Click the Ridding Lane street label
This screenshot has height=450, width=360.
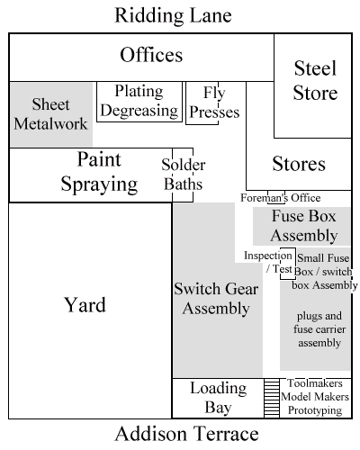(173, 15)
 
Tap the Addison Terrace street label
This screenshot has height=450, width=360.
(186, 434)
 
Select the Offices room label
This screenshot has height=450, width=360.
(151, 55)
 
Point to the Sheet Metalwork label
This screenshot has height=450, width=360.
(50, 114)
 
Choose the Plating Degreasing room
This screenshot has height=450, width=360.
(139, 102)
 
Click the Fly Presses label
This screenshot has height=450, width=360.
(214, 103)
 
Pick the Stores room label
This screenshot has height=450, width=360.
(299, 164)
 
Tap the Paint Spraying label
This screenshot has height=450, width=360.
(99, 172)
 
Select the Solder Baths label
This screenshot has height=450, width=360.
(184, 175)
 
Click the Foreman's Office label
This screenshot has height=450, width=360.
(281, 198)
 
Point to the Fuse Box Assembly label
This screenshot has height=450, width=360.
(303, 226)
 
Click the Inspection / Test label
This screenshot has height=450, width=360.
(268, 262)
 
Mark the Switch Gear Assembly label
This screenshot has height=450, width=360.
(216, 299)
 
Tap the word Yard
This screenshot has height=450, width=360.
(85, 305)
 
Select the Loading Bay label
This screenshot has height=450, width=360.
(219, 398)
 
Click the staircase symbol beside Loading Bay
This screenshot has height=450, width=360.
(272, 398)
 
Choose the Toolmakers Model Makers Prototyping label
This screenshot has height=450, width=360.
(315, 397)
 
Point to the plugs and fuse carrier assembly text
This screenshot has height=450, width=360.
(319, 329)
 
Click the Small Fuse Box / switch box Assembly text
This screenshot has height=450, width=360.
(325, 272)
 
